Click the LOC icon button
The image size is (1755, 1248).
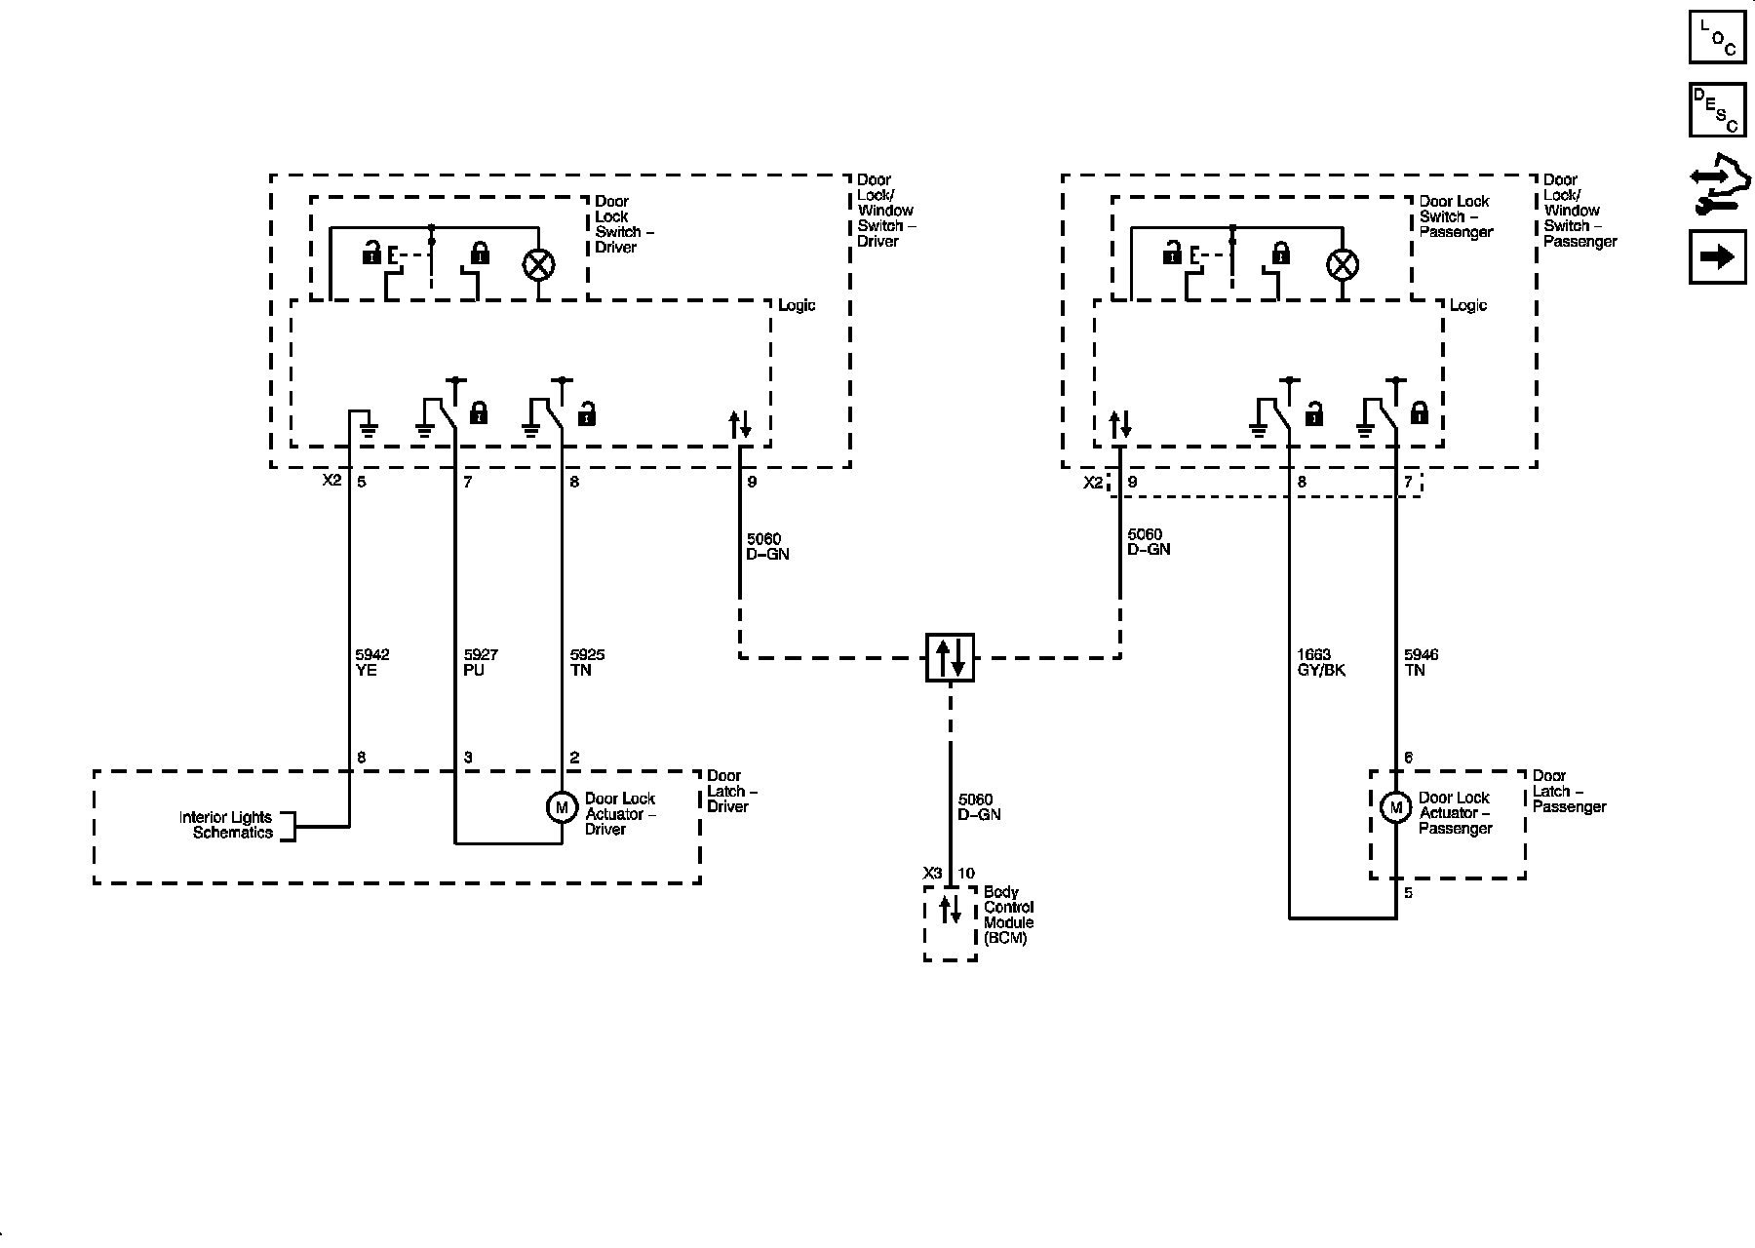[x=1717, y=36]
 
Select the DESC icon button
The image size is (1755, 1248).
[x=1717, y=109]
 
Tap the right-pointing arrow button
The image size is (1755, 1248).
[x=1717, y=256]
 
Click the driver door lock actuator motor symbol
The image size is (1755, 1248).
[x=562, y=807]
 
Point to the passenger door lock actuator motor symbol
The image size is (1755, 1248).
[x=1396, y=807]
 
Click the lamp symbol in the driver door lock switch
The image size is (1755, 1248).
[x=539, y=264]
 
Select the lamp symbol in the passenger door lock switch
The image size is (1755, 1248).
[x=1343, y=264]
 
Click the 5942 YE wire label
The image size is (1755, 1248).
[x=372, y=663]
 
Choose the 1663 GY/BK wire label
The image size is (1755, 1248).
[x=1321, y=663]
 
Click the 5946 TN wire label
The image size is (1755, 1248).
[x=1421, y=663]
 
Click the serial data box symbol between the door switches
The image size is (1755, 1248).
[x=950, y=657]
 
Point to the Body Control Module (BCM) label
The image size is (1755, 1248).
[x=1007, y=915]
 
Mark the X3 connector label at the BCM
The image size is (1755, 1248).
[x=933, y=874]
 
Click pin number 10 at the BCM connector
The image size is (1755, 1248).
[x=966, y=874]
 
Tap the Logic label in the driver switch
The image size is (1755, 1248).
[x=797, y=305]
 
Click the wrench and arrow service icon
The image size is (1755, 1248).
[x=1719, y=185]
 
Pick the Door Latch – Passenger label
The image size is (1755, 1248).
[x=1568, y=792]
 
